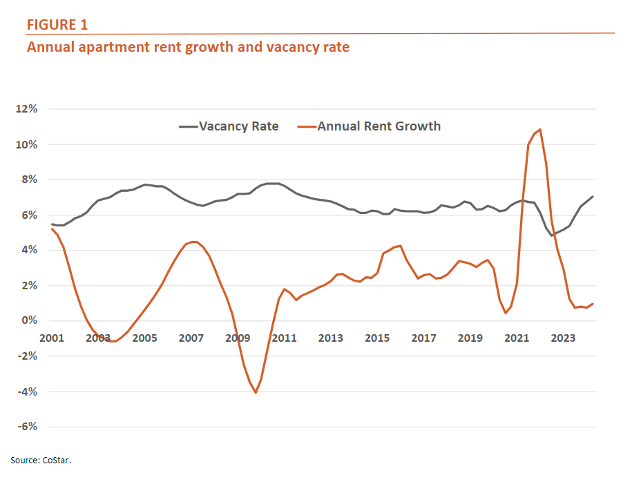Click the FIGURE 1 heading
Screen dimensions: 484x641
point(57,25)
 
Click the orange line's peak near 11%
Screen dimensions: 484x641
point(540,129)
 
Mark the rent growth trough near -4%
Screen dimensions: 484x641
point(256,393)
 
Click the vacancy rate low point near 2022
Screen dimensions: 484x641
point(552,235)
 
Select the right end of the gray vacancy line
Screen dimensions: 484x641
point(593,197)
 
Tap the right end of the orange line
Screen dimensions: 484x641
point(593,304)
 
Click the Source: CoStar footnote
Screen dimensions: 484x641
point(41,459)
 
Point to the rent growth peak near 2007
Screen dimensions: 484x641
point(193,242)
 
